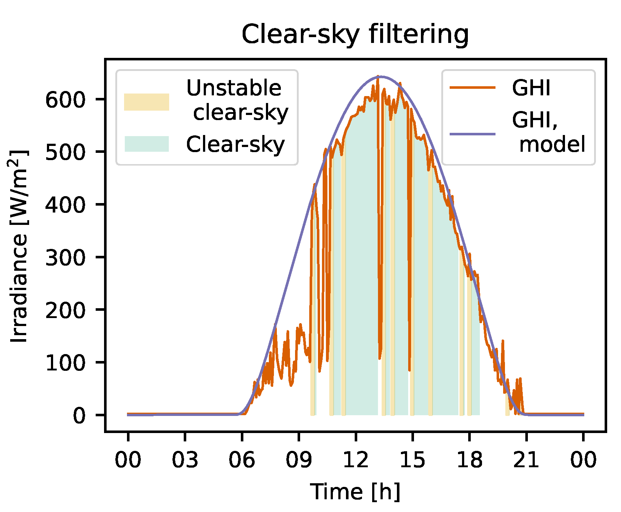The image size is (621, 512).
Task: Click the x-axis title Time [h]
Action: pos(355,492)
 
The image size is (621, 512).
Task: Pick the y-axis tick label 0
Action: pos(79,415)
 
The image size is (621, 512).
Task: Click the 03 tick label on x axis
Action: pos(185,460)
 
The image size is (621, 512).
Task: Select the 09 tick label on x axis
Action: pos(299,460)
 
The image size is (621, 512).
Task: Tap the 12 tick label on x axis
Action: pos(356,460)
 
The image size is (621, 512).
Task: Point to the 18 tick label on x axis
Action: pos(469,460)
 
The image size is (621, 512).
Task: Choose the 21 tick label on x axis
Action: pos(526,460)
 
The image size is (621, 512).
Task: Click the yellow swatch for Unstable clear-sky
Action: pos(147,102)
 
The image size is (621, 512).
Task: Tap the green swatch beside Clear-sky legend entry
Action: pos(147,144)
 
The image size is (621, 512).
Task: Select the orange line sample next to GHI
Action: pos(473,87)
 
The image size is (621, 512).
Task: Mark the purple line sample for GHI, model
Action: pos(473,134)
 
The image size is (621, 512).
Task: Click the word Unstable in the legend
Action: pos(234,88)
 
